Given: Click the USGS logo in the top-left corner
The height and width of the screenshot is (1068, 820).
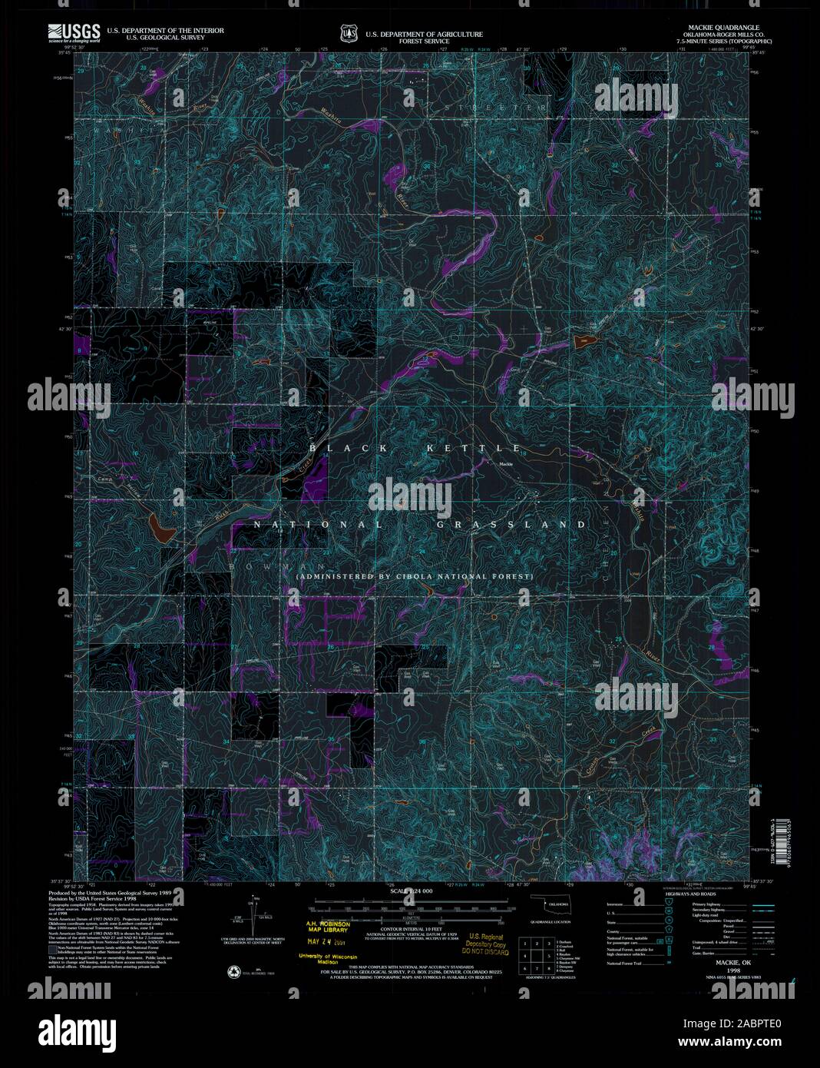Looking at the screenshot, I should point(74,32).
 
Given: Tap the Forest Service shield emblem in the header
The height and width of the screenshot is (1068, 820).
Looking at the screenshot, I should point(349,33).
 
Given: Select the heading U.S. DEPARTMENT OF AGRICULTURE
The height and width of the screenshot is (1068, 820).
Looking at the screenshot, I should point(424,35).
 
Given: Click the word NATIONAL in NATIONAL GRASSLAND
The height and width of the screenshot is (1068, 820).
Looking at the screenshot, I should point(318,525).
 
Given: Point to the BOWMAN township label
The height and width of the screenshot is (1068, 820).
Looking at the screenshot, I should point(260,566).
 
